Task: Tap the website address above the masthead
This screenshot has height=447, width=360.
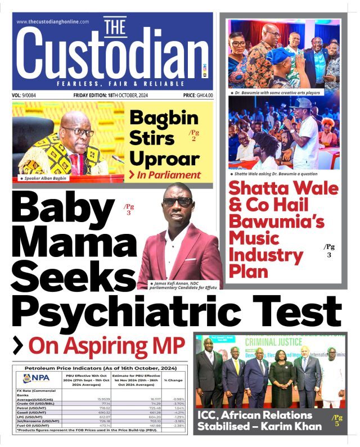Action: click(53, 21)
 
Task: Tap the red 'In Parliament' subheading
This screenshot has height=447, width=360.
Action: click(169, 175)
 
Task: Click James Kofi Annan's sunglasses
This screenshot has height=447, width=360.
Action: click(178, 201)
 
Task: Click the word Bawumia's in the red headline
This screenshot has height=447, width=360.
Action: click(276, 221)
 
